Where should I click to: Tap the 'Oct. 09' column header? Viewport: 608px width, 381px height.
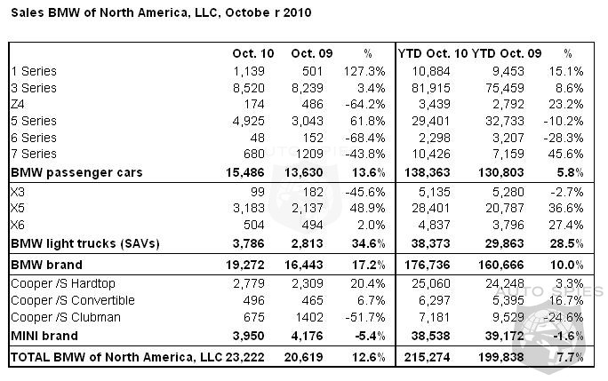311,52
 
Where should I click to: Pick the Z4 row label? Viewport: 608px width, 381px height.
18,104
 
